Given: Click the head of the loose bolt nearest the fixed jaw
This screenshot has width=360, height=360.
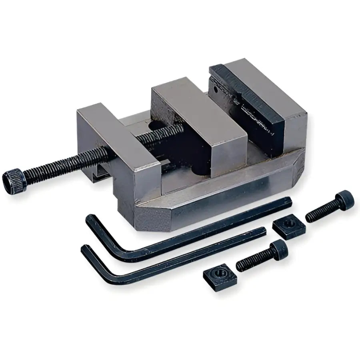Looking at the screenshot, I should tap(345, 199).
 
